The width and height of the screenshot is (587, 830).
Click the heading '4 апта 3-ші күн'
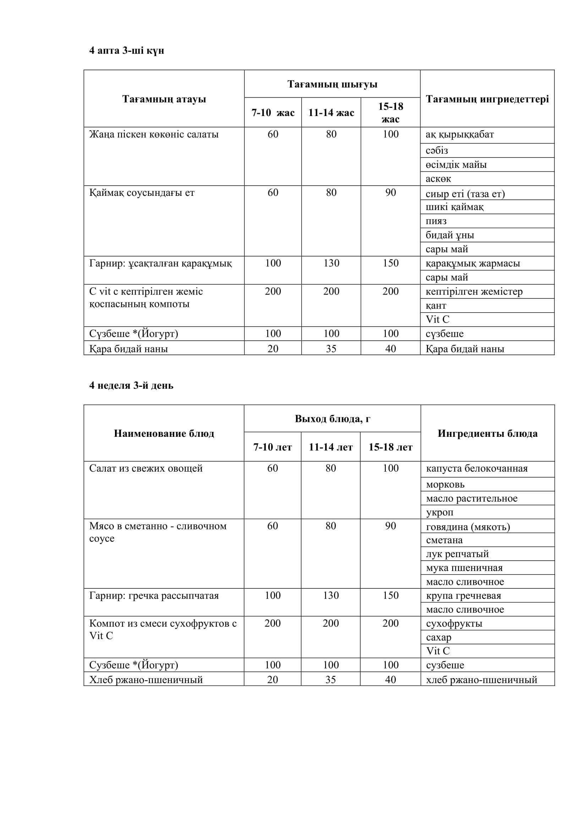click(x=126, y=51)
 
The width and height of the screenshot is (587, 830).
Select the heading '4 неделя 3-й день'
click(x=131, y=386)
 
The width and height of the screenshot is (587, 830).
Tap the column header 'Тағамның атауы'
click(x=164, y=99)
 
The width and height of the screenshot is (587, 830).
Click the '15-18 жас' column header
click(x=390, y=113)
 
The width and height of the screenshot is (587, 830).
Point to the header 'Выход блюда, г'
click(x=332, y=419)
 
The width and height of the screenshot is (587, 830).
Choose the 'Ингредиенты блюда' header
click(x=487, y=433)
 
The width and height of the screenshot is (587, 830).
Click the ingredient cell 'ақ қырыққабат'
click(x=459, y=134)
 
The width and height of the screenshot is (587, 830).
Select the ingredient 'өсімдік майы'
click(x=456, y=165)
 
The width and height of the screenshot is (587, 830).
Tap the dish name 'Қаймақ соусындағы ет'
click(x=142, y=193)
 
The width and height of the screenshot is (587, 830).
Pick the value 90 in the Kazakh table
click(x=390, y=193)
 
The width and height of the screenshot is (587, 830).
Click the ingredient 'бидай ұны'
click(x=450, y=235)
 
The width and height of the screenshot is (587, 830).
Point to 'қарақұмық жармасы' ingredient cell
click(x=472, y=264)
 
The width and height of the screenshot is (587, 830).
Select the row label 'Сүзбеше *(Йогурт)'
click(x=133, y=334)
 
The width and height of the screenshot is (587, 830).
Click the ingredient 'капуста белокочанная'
click(x=476, y=468)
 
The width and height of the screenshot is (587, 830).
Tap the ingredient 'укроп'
click(x=439, y=512)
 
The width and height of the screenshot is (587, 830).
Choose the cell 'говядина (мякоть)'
click(x=468, y=527)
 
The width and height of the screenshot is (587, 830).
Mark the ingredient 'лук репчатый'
click(x=457, y=554)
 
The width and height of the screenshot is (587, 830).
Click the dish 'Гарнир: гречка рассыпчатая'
click(x=154, y=595)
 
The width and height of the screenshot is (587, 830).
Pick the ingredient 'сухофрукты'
click(x=454, y=623)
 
